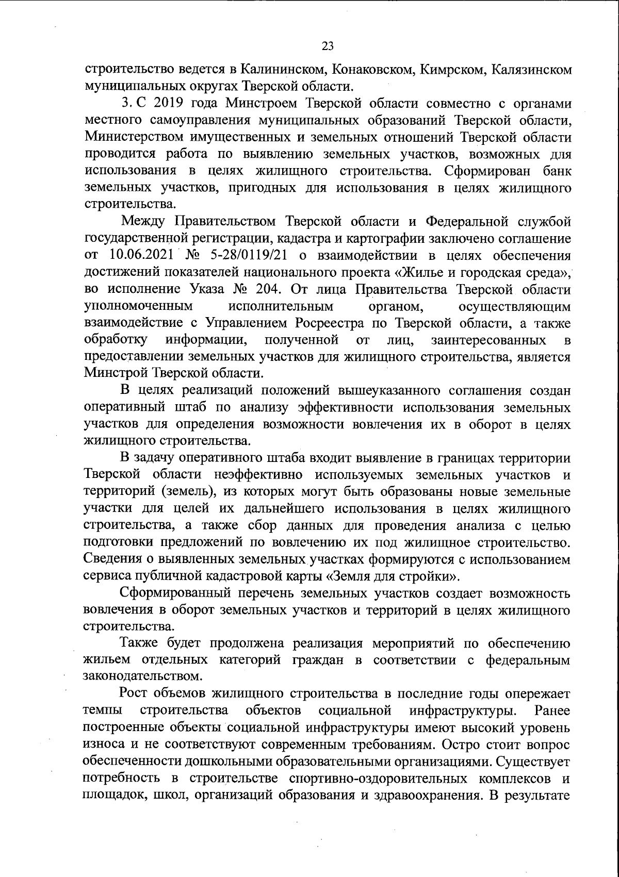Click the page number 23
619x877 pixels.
coord(328,47)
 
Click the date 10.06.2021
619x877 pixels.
coord(143,255)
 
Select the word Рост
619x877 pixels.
coord(134,694)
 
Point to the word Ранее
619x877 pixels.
coord(552,711)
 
